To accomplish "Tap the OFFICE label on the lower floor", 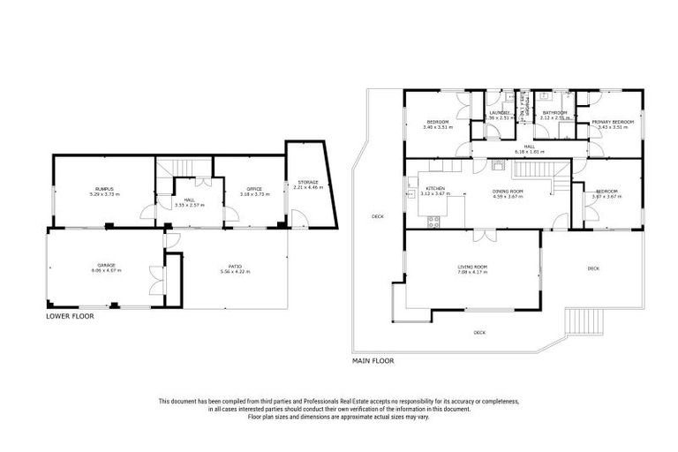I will [254, 189].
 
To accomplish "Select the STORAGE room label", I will [307, 183].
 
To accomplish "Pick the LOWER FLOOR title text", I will [70, 314].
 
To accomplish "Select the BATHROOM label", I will [554, 113].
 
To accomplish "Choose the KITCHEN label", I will [434, 189].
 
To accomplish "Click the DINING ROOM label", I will [508, 191].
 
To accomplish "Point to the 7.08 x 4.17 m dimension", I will [473, 271].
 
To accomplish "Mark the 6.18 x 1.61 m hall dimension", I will [530, 152].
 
